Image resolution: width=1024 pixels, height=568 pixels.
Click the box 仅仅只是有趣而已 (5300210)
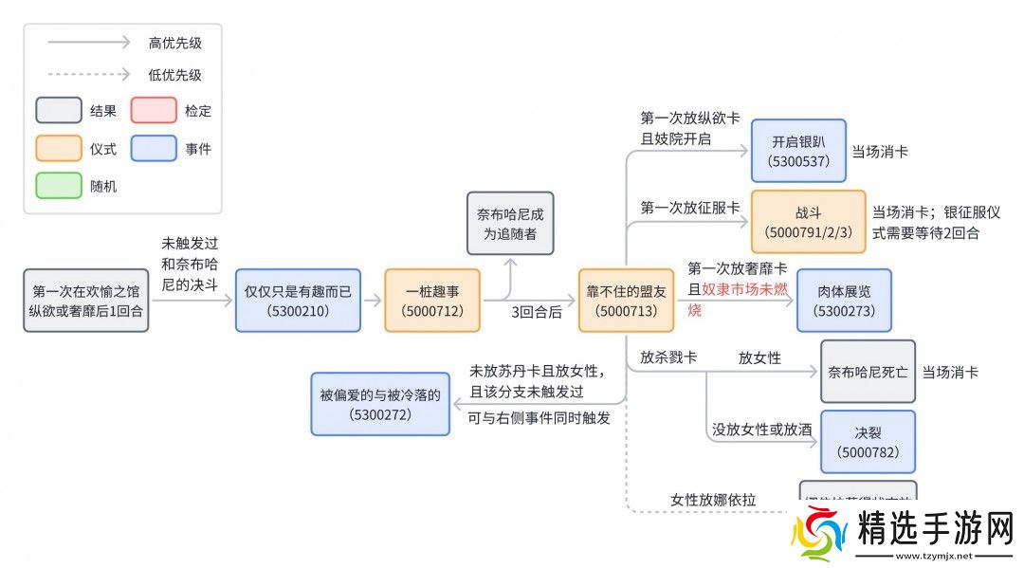(298, 301)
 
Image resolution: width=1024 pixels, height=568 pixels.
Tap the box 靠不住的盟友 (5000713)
(627, 301)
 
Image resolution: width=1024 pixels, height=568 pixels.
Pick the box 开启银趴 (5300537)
(798, 151)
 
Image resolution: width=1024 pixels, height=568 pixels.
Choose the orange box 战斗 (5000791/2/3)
(808, 222)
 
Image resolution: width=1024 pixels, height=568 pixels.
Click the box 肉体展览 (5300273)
(844, 301)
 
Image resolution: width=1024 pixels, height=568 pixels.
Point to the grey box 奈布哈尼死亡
(868, 371)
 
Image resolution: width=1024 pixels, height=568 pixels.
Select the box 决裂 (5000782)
(868, 442)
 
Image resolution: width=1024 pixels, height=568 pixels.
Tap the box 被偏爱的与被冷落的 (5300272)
(380, 404)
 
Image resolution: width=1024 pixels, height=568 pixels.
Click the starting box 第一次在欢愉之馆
(86, 301)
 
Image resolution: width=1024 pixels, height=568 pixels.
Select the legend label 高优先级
(175, 43)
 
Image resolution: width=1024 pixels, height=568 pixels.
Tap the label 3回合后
(537, 312)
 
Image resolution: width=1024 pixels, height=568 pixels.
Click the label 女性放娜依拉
(713, 500)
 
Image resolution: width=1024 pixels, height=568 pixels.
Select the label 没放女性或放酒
(762, 430)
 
